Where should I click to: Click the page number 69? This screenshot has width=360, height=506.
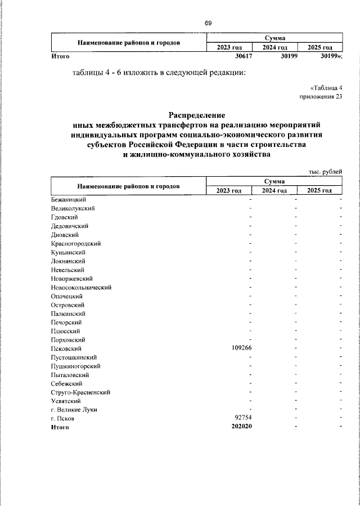(208, 23)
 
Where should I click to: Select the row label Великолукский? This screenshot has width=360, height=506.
(72, 208)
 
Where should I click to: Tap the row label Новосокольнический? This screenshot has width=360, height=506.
(80, 287)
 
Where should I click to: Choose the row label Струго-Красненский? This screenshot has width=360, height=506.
(80, 392)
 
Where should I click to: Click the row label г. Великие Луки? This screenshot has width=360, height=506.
(73, 410)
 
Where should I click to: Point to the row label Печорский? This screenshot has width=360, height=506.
(66, 322)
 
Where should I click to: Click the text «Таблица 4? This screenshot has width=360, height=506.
(326, 88)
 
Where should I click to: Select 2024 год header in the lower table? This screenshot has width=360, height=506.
(275, 191)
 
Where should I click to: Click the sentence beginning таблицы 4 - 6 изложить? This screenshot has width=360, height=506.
(159, 72)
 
